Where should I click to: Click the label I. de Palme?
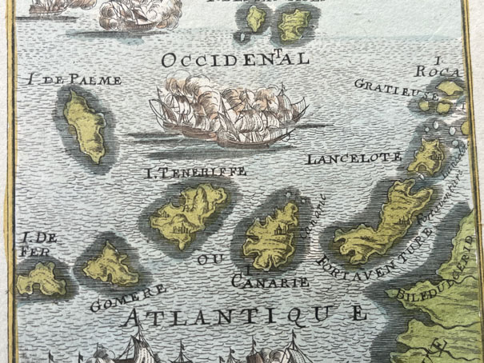coord(74,79)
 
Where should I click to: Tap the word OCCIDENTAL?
coord(234,59)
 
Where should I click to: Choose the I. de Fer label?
coord(37,244)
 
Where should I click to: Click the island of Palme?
coord(85,125)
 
